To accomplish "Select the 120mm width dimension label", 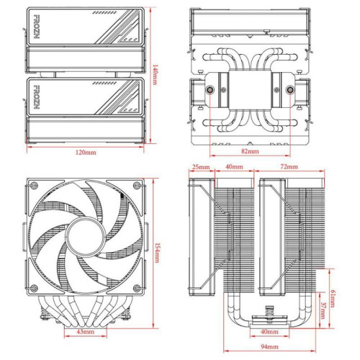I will [87, 153].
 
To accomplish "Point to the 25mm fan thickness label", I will [201, 167].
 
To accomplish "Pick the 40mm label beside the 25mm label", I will [233, 167].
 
